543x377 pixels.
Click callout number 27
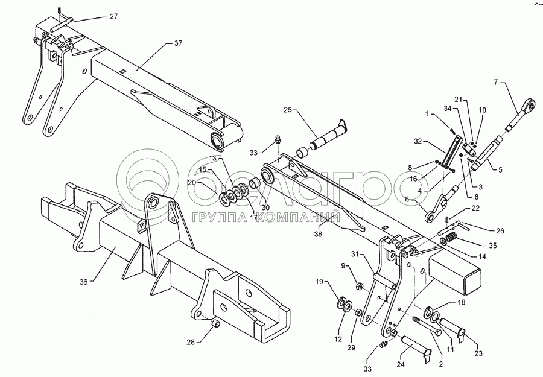(114, 16)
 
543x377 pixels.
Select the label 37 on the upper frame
(177, 43)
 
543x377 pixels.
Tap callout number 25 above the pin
(288, 110)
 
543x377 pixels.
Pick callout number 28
(191, 342)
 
